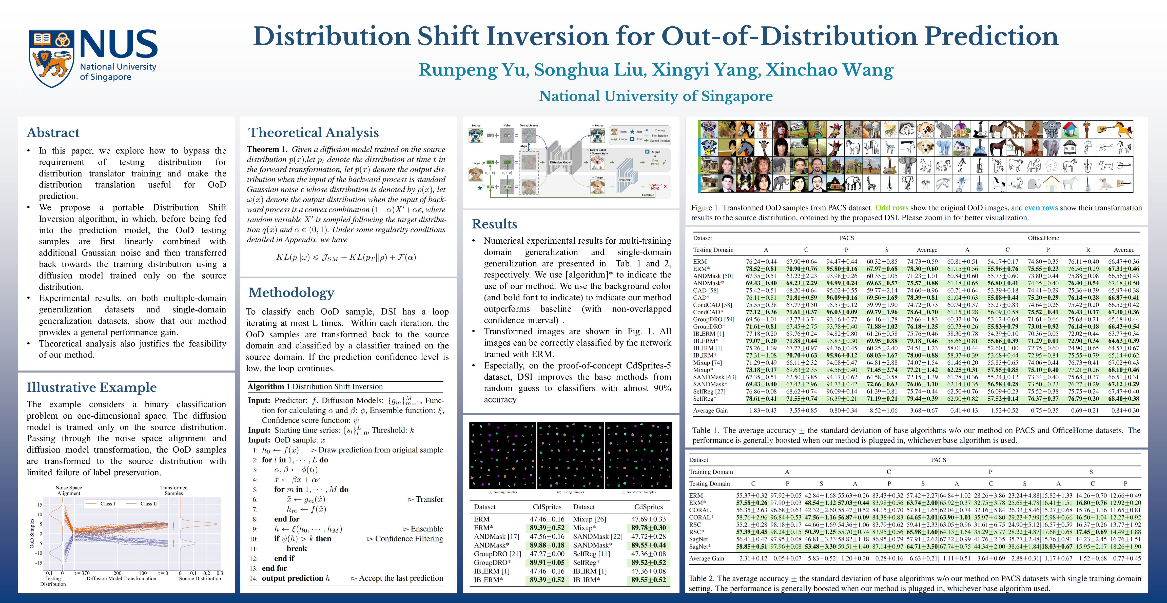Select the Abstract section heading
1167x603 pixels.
click(53, 133)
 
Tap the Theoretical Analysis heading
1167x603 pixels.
click(313, 133)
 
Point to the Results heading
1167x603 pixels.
click(494, 224)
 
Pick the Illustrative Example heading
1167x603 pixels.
click(91, 387)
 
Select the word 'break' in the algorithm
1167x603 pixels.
click(297, 548)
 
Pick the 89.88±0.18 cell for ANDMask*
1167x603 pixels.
click(547, 545)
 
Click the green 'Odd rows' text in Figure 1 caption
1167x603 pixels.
click(891, 208)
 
